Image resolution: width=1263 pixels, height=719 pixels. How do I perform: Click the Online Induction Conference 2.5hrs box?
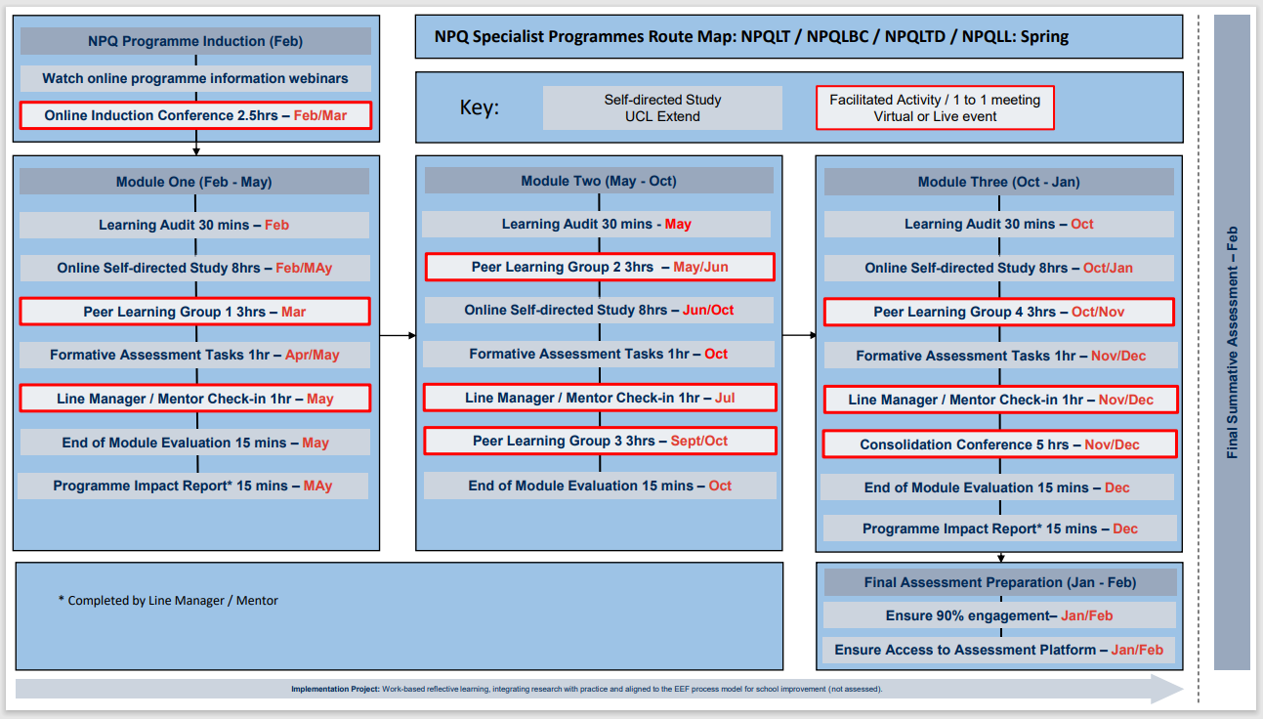point(195,115)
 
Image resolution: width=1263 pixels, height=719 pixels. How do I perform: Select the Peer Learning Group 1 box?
point(194,312)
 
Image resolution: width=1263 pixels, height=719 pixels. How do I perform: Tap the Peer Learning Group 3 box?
point(600,441)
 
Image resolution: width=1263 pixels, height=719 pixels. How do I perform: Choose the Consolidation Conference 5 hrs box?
point(999,444)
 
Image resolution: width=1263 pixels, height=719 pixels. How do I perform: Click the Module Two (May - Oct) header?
point(598,181)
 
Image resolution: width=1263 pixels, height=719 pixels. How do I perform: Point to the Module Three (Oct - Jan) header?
point(998,182)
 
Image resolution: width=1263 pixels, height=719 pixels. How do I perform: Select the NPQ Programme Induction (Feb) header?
point(195,41)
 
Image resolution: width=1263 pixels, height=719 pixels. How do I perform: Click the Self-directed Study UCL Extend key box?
point(662,107)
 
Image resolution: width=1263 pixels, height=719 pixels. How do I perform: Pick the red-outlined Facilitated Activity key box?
point(935,107)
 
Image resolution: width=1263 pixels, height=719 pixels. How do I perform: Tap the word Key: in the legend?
point(479,107)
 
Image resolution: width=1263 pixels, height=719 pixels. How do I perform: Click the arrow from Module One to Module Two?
point(398,335)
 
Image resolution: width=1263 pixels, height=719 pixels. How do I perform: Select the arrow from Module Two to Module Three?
point(799,335)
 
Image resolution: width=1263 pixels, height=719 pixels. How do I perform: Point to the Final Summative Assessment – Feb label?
point(1232,342)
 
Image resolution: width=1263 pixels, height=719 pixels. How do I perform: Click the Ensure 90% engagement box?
point(998,615)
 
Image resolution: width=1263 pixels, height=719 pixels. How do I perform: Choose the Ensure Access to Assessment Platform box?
point(998,650)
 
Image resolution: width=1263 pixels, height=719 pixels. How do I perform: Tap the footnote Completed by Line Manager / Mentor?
point(168,601)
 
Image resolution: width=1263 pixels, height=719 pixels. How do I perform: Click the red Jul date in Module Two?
point(725,398)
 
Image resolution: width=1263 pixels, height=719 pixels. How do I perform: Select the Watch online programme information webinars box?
point(195,78)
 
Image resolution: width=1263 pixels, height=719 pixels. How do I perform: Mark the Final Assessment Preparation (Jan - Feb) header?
point(999,582)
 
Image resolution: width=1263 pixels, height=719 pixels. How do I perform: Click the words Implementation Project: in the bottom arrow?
point(335,689)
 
